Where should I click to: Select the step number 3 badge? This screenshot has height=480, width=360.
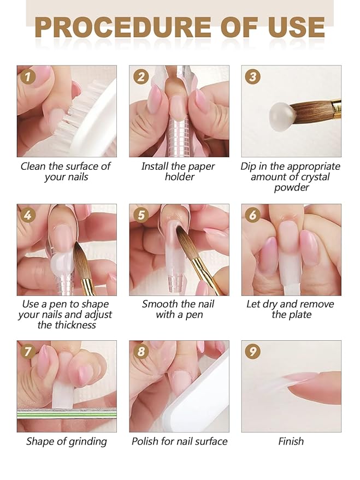[x=252, y=77]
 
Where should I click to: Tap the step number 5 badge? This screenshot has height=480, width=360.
[x=141, y=215]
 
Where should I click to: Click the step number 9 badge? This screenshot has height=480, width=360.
[x=252, y=352]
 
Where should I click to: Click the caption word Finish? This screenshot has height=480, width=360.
[x=291, y=441]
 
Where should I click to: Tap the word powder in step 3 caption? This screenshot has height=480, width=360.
[x=291, y=188]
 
